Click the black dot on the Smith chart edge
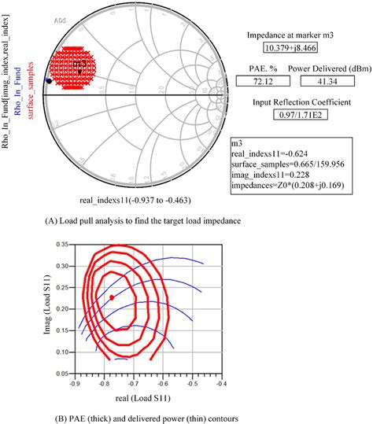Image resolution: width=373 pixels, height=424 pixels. [49, 80]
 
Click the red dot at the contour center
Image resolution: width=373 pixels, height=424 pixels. [111, 298]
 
